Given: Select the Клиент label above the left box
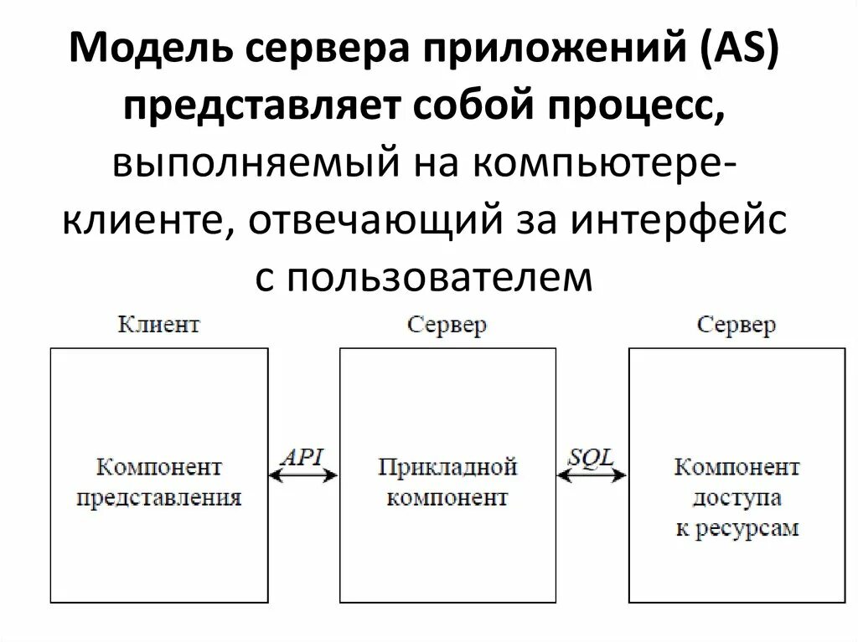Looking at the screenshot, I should tap(159, 325).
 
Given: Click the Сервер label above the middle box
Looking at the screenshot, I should tap(447, 325).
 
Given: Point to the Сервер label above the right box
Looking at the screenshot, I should tap(737, 325).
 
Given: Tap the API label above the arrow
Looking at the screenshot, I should tap(302, 457).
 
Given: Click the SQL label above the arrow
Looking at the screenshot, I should tap(592, 457).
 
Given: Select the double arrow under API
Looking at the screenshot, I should tap(302, 475).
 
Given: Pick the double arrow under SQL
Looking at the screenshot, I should tap(592, 475).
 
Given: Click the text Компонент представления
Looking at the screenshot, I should tap(159, 483).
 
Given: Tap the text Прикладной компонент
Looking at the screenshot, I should tap(447, 483).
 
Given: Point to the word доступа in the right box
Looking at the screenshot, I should tap(737, 498).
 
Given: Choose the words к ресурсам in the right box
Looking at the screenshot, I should tap(737, 529).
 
